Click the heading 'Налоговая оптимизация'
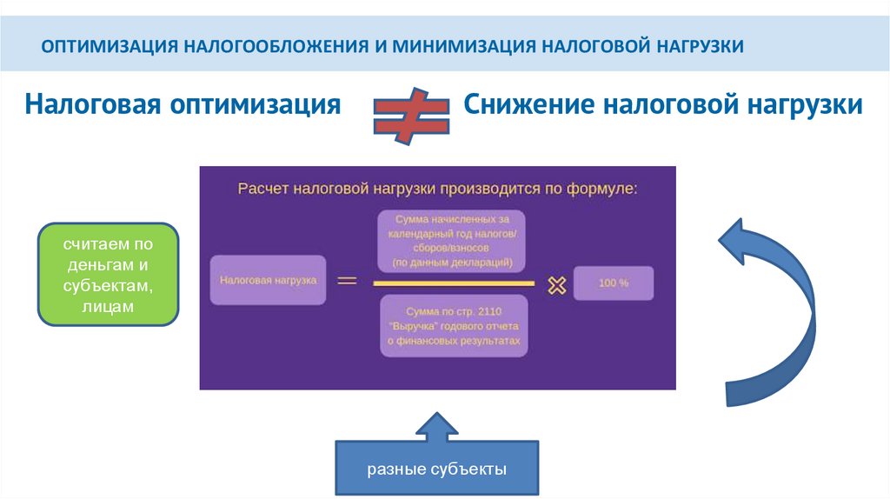[182, 106]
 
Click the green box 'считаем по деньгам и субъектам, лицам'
[108, 274]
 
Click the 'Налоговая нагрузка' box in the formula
[268, 281]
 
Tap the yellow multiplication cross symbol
[556, 283]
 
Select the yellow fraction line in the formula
[454, 283]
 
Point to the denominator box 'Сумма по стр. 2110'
[454, 325]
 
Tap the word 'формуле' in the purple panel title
[603, 187]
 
